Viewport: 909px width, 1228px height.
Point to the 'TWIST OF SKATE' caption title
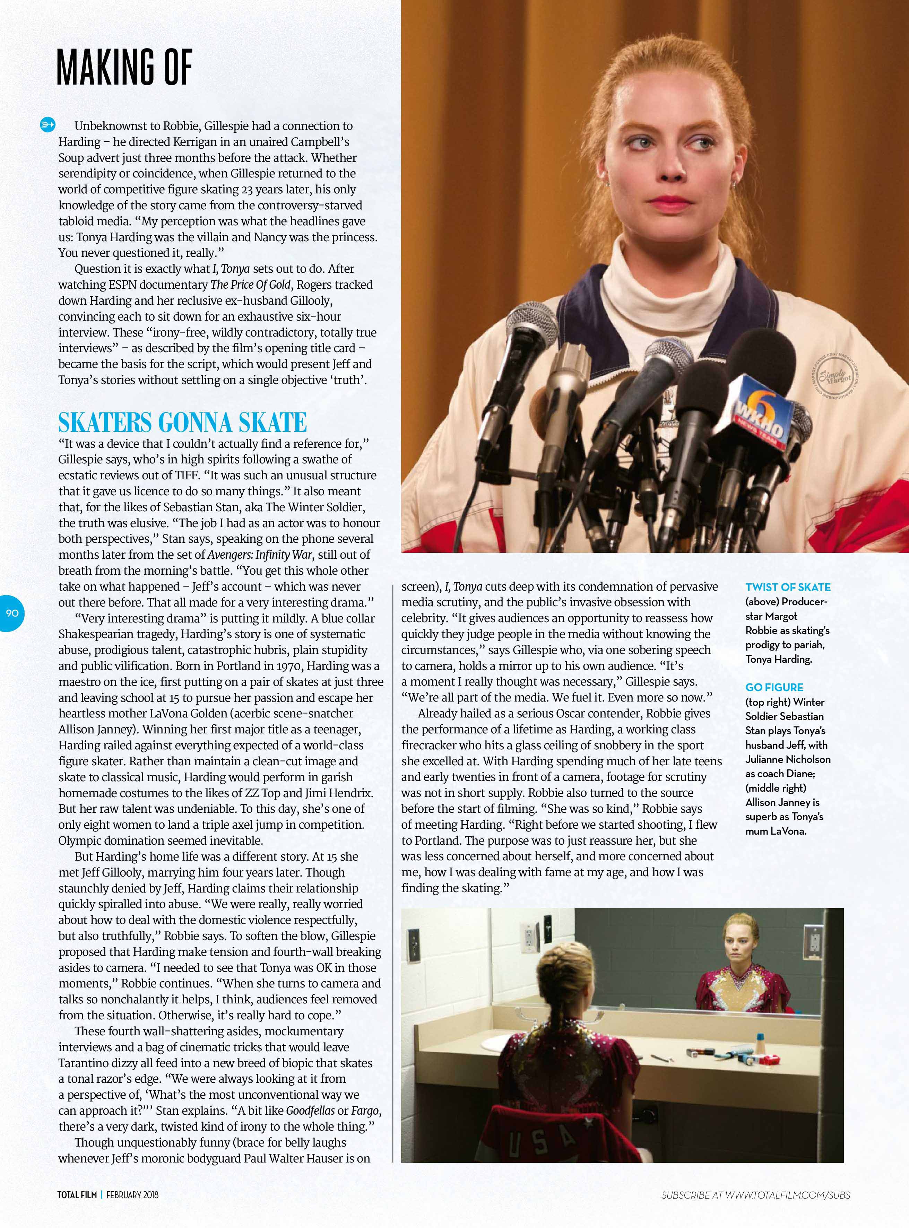coord(787,587)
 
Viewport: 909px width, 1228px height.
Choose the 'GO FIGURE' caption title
coord(774,687)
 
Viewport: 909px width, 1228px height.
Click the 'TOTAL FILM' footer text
coord(77,1194)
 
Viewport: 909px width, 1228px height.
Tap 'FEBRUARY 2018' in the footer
coord(132,1194)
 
